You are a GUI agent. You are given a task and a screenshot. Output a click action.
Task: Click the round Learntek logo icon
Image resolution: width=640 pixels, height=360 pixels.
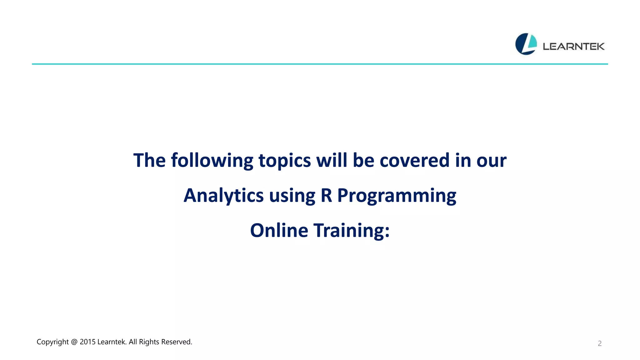[x=526, y=44]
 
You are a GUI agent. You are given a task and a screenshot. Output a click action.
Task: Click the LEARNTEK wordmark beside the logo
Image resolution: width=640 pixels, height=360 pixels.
[x=573, y=47]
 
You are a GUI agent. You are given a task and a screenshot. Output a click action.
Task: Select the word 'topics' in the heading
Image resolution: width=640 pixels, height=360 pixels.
[x=284, y=161]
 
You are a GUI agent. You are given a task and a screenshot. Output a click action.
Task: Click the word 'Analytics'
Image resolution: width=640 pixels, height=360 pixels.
[x=223, y=196]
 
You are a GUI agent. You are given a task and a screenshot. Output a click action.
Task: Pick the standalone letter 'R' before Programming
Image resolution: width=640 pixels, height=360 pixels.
[x=326, y=195]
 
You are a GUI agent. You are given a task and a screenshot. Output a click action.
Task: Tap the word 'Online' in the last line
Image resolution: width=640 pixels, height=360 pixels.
[x=279, y=230]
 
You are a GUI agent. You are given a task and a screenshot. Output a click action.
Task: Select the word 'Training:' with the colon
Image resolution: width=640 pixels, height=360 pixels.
[x=352, y=231]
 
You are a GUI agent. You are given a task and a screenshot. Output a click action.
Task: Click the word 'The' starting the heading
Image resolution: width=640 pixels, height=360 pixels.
[x=149, y=160]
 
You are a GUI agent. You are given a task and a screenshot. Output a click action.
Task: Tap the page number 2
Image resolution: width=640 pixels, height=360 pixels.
[x=599, y=343]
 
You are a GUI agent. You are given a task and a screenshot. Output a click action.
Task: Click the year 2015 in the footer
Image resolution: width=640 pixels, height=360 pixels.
[x=87, y=342]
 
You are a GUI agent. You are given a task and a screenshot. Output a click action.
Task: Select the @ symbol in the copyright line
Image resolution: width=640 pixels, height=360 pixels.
[x=74, y=342]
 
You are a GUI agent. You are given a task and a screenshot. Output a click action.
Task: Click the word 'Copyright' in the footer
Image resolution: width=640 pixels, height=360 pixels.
[x=52, y=342]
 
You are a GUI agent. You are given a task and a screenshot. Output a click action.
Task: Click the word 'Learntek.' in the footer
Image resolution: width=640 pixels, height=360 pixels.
[x=112, y=342]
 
